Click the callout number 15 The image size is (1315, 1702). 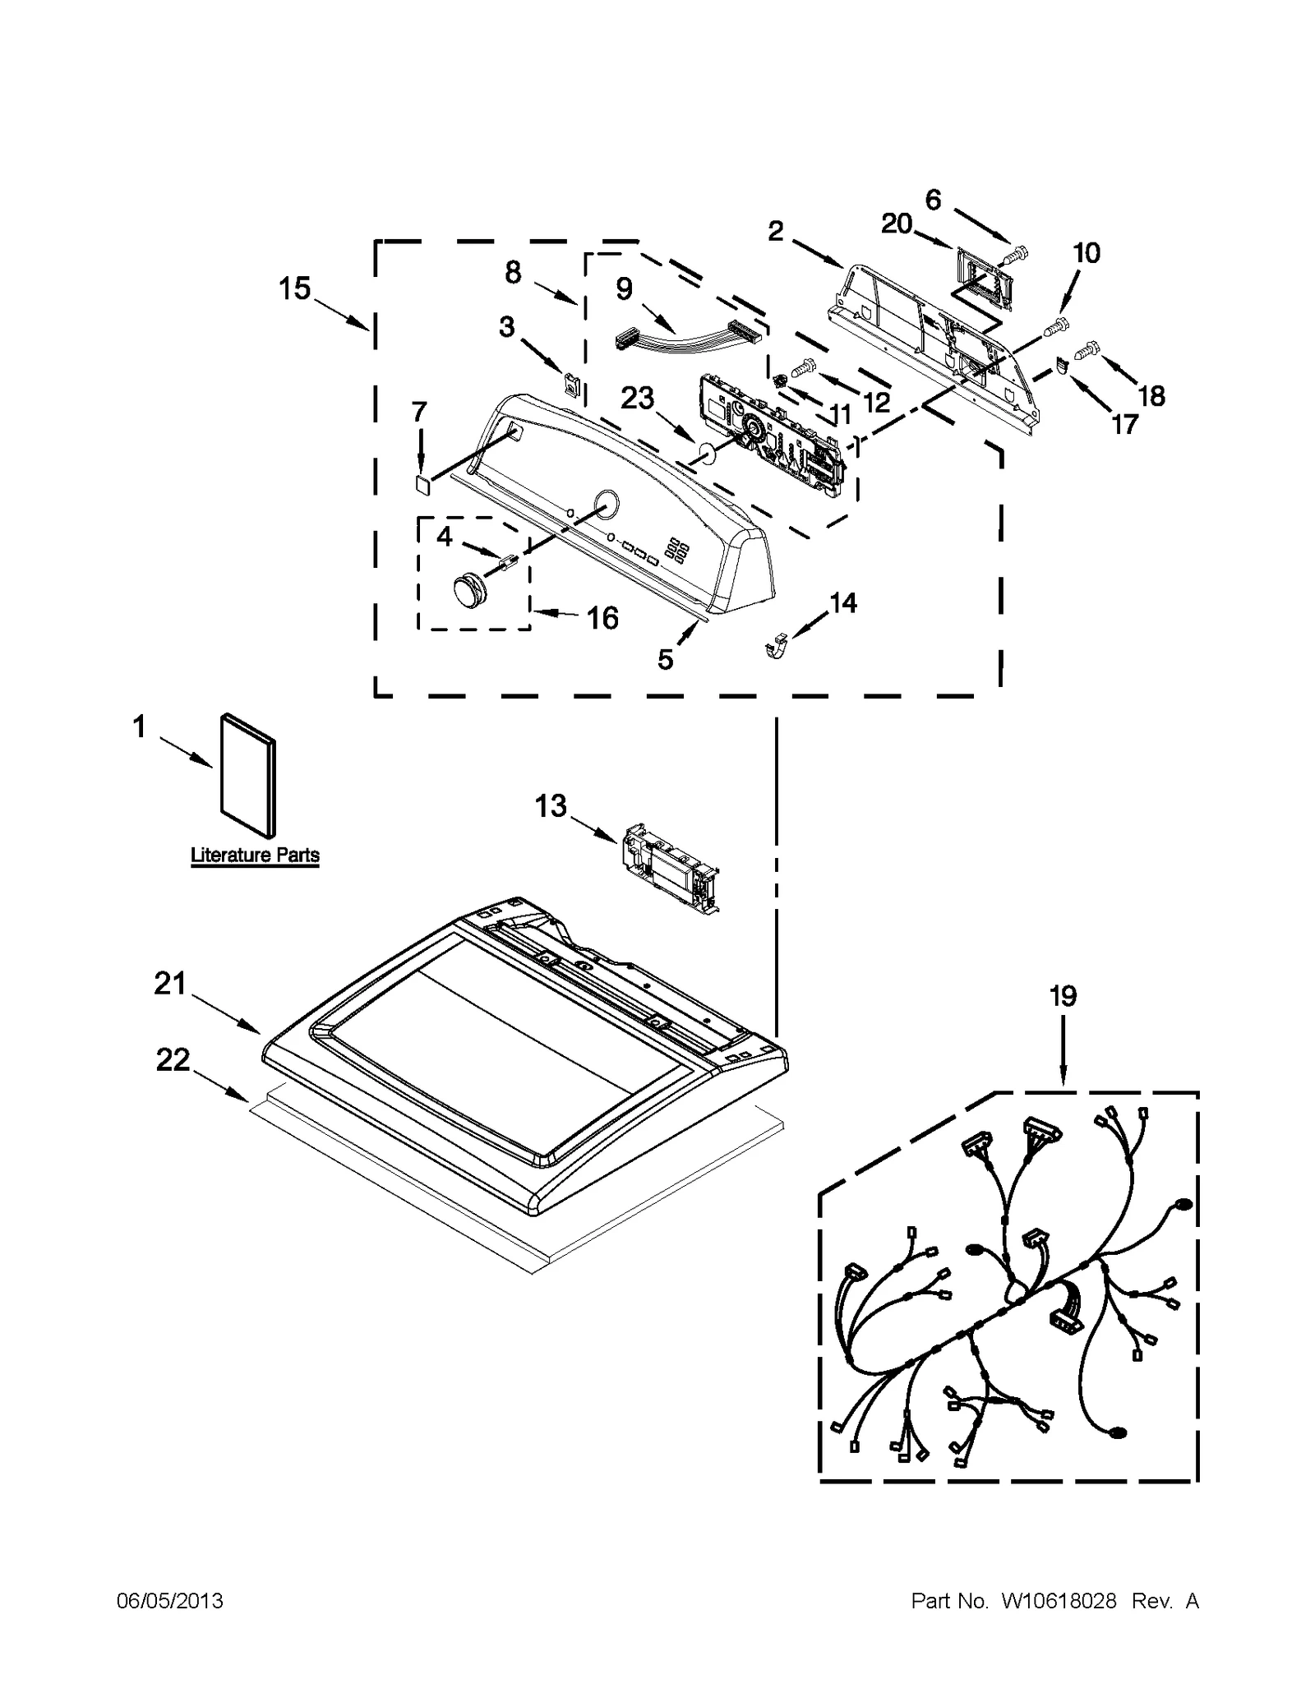coord(294,288)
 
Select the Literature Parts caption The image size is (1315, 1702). coord(255,855)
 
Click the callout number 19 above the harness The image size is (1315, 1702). coord(1063,996)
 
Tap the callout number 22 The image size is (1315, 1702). coord(173,1059)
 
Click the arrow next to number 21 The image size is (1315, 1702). coord(226,1012)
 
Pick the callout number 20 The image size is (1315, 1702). coord(897,223)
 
